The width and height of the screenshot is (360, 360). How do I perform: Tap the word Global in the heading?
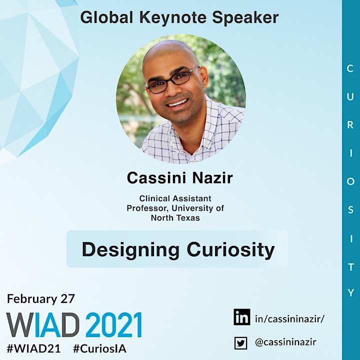pos(106,17)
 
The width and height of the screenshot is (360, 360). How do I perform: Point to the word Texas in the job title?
pos(188,217)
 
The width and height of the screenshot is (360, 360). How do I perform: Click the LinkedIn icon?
pos(242,317)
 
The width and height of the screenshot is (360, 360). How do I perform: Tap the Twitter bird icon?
pos(240,343)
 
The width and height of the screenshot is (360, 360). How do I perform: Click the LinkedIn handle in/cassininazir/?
pos(289,318)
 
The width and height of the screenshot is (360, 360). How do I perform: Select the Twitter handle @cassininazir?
pos(285,342)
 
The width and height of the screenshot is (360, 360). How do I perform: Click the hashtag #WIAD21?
pos(34,348)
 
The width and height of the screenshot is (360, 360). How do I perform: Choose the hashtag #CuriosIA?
pos(99,348)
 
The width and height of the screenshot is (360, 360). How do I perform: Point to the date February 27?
pos(41,298)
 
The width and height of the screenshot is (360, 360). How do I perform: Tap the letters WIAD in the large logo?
pos(42,324)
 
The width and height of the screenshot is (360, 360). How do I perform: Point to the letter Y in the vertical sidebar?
pos(350,292)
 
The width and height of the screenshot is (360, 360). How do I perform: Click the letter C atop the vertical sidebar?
pos(350,68)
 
